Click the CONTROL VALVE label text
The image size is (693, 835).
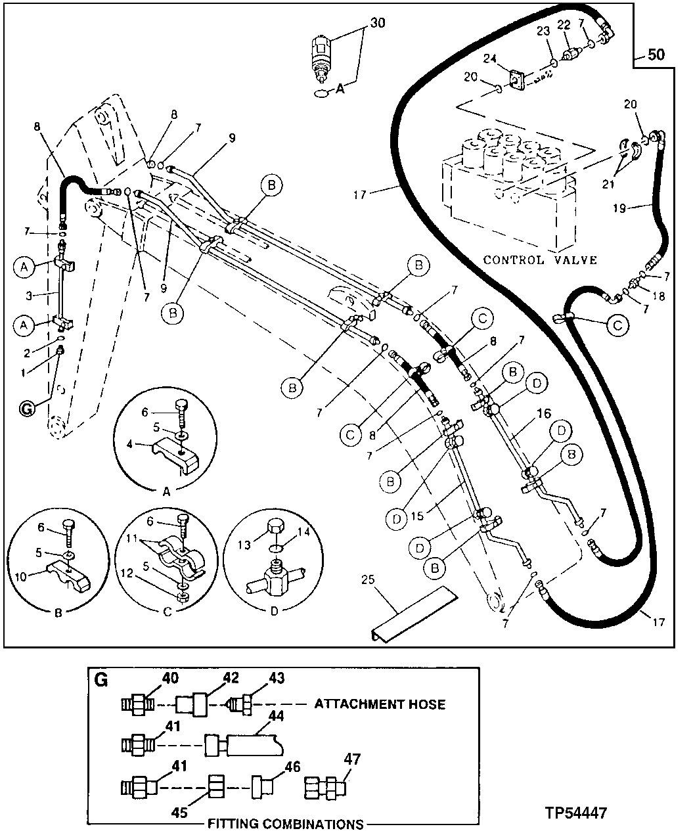540,260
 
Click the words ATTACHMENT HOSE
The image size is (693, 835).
380,704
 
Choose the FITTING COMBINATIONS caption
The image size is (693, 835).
286,824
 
